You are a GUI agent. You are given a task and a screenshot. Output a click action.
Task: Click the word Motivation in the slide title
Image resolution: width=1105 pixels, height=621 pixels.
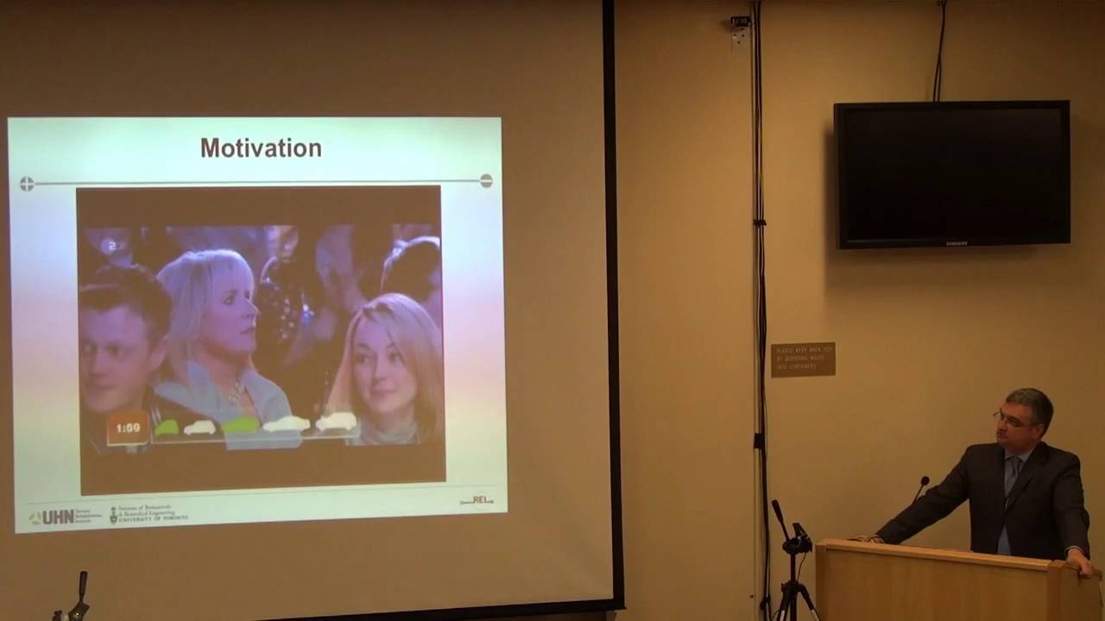(261, 148)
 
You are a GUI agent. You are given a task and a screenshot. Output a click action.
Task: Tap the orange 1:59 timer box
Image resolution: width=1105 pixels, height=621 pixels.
(128, 428)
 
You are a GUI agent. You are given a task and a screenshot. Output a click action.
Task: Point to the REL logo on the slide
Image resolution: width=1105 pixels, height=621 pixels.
(477, 499)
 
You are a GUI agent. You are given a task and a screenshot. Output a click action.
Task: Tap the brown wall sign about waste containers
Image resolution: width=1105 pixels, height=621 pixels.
(803, 359)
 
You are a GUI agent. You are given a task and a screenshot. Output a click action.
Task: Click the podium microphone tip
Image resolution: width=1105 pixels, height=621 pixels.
(925, 480)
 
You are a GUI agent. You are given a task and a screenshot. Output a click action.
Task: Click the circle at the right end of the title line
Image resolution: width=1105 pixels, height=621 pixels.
(486, 180)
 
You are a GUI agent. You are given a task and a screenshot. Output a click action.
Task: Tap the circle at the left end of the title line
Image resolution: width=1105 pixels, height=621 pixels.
(27, 184)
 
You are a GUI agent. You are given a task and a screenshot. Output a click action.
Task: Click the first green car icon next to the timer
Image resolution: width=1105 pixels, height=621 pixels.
(167, 427)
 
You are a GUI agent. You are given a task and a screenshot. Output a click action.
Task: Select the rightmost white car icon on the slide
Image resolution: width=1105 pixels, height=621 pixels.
(336, 421)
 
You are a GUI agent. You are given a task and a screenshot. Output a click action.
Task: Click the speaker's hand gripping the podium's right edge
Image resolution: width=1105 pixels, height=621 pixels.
(1080, 563)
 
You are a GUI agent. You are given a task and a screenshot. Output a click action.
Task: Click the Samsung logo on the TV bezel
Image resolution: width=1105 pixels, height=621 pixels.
(955, 242)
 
